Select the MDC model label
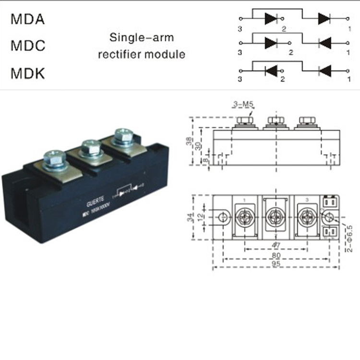pos(28,47)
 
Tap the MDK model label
pos(28,74)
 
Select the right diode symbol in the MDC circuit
pos(324,42)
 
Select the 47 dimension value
pos(276,245)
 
